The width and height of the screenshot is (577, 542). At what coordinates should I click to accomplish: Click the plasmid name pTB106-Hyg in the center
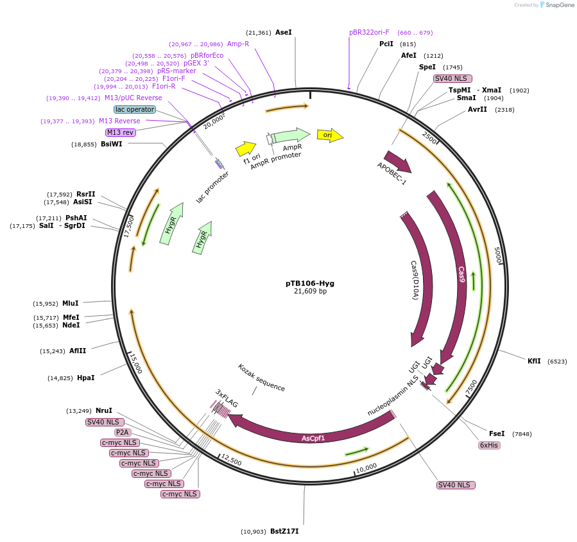[x=309, y=283]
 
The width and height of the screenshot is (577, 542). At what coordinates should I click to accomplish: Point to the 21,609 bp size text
[x=309, y=292]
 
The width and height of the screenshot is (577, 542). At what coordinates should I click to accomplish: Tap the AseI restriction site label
[x=283, y=32]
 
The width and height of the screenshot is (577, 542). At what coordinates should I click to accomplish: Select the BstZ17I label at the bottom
[x=284, y=531]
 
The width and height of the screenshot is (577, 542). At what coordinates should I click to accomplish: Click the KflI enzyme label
[x=534, y=362]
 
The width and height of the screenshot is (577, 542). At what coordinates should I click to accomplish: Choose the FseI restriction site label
[x=497, y=433]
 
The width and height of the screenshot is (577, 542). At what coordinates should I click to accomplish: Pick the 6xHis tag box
[x=489, y=445]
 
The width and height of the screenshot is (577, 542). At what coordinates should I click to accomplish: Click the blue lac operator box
[x=135, y=109]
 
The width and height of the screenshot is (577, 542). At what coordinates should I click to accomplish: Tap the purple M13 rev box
[x=121, y=132]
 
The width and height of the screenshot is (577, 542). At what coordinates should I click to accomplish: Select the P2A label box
[x=123, y=432]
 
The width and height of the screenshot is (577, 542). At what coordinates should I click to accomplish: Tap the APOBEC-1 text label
[x=392, y=173]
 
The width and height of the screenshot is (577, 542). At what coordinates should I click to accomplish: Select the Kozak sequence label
[x=261, y=378]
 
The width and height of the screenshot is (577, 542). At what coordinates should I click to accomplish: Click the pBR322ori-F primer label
[x=369, y=32]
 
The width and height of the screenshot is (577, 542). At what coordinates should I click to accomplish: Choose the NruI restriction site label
[x=104, y=410]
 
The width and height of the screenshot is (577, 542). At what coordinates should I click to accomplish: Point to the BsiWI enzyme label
[x=112, y=144]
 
